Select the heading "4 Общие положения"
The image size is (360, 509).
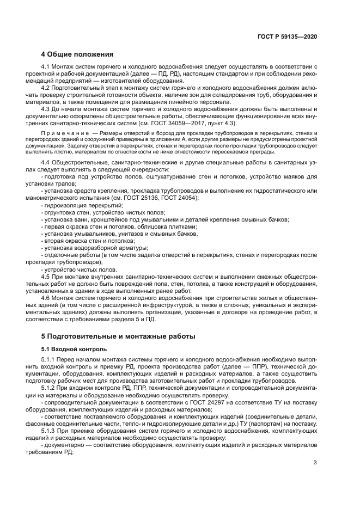(x=77, y=54)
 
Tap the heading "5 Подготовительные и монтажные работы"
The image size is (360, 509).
(x=118, y=336)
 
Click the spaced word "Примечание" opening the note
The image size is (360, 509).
(x=60, y=132)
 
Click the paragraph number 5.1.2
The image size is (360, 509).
(x=50, y=388)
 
